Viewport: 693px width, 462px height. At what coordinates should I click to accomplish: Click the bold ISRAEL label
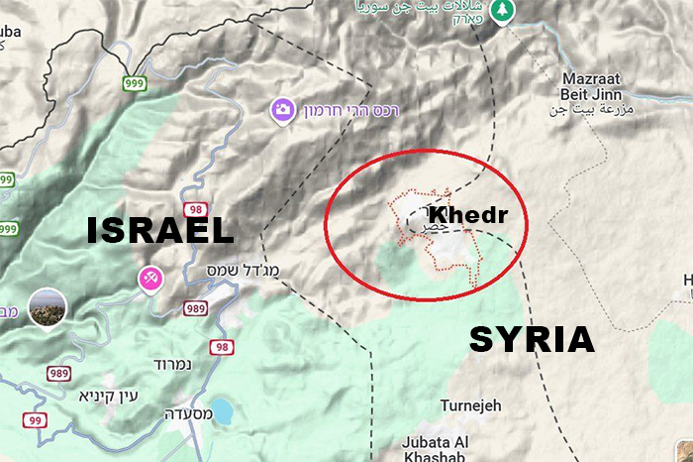tap(160, 231)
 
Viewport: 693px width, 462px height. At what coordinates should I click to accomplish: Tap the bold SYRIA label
tap(532, 340)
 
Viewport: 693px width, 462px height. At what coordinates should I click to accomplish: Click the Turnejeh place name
tap(471, 405)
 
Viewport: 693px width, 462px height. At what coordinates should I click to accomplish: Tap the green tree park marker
tap(506, 9)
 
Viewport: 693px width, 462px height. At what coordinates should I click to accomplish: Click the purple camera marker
tap(282, 108)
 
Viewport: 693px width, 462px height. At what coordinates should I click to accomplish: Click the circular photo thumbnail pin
tap(47, 308)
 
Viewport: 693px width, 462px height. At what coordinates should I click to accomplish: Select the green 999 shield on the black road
tap(134, 82)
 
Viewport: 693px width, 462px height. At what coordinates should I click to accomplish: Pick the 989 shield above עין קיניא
tap(57, 373)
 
